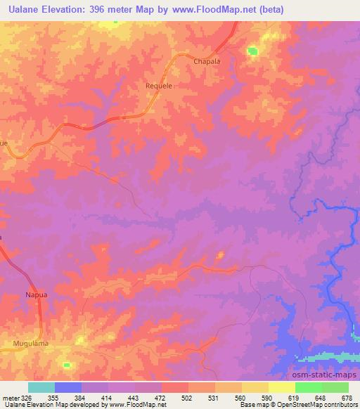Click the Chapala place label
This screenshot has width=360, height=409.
click(x=207, y=62)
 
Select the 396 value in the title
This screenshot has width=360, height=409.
click(x=105, y=9)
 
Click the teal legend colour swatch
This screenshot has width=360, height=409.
click(x=41, y=387)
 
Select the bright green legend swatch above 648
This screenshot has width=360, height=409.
click(x=308, y=387)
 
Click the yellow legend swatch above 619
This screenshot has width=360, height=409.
click(x=281, y=387)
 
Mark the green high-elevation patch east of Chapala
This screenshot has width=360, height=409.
click(x=252, y=51)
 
